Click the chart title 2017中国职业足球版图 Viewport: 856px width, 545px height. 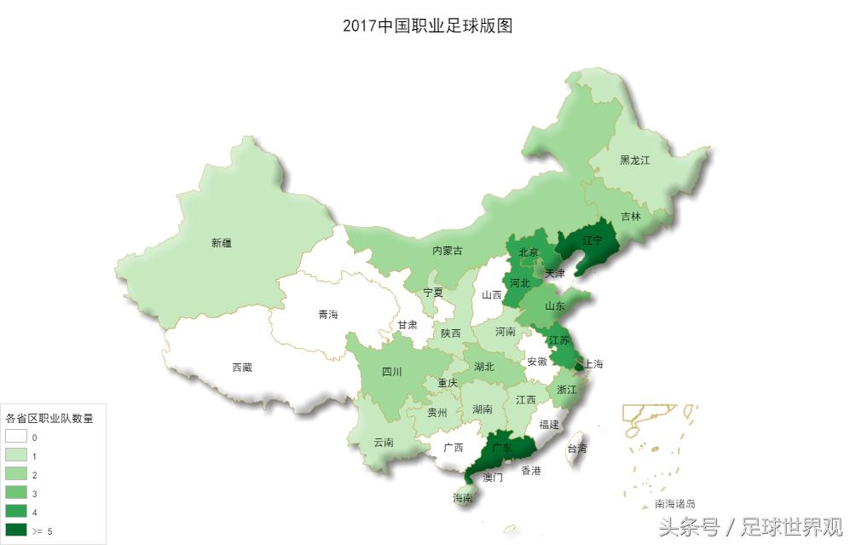[427, 26]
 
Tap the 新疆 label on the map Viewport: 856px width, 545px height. [222, 243]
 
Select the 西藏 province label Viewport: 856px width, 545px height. [242, 368]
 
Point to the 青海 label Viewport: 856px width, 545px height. [328, 315]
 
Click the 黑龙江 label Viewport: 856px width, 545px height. [634, 160]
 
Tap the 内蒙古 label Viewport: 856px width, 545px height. [448, 251]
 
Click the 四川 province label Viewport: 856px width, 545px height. [392, 372]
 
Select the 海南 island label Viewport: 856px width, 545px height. [464, 498]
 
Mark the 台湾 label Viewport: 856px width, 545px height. [577, 448]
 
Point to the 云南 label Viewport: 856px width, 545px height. [384, 443]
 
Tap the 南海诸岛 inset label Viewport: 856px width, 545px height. [674, 504]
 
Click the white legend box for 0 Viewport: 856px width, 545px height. [17, 437]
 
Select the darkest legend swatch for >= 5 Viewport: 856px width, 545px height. [17, 531]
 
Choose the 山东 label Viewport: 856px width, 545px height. [555, 306]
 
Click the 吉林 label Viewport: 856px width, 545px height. [630, 217]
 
